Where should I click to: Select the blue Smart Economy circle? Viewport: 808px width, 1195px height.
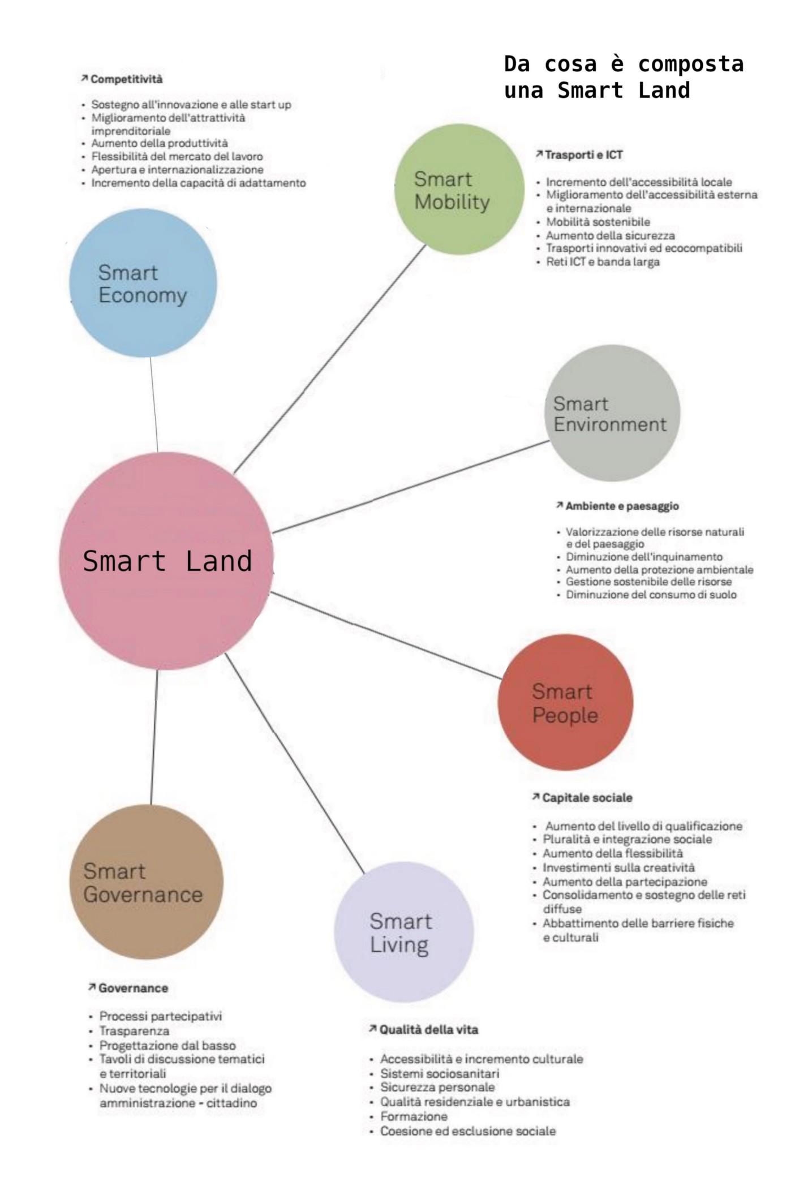143,283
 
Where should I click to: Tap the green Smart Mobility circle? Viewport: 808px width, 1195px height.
459,190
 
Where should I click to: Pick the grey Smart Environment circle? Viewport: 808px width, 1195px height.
614,413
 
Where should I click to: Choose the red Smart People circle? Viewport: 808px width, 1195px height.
565,702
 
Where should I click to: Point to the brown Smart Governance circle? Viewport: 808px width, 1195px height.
147,882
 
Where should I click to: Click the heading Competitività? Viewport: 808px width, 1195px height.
126,79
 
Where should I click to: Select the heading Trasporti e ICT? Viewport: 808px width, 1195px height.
583,155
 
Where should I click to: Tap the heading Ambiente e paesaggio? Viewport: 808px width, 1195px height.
622,506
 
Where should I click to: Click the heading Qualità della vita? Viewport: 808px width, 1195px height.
428,1030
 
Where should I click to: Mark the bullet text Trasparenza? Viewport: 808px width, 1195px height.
134,1031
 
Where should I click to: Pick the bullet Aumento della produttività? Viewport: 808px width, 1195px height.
160,143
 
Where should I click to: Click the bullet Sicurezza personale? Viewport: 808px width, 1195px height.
437,1087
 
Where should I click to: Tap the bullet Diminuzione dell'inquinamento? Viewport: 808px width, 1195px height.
644,557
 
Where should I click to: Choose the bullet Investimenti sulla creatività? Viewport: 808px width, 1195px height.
618,868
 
